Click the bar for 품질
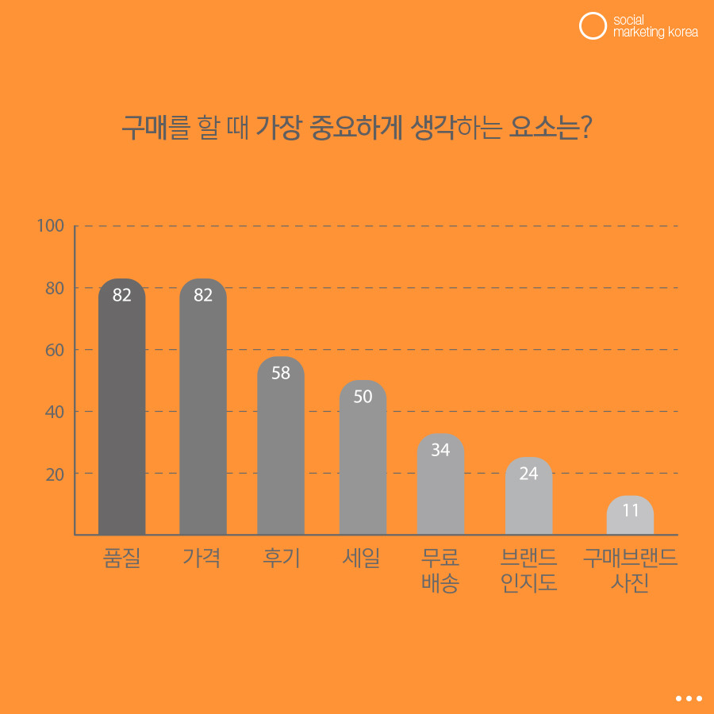pos(121,413)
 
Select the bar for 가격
pos(203,413)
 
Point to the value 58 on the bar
pos(281,373)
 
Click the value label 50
pos(363,397)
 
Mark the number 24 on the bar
pos(528,474)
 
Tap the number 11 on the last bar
pos(630,511)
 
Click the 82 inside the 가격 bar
pos(203,295)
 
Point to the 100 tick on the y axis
pos(50,226)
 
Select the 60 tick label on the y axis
pos(54,350)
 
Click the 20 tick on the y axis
pos(54,474)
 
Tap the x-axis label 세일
pos(362,559)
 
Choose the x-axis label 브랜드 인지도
pos(528,570)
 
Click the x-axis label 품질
pos(121,559)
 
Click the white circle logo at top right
pos(593,26)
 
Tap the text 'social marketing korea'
pos(655,26)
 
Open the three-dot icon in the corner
pos(689,698)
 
